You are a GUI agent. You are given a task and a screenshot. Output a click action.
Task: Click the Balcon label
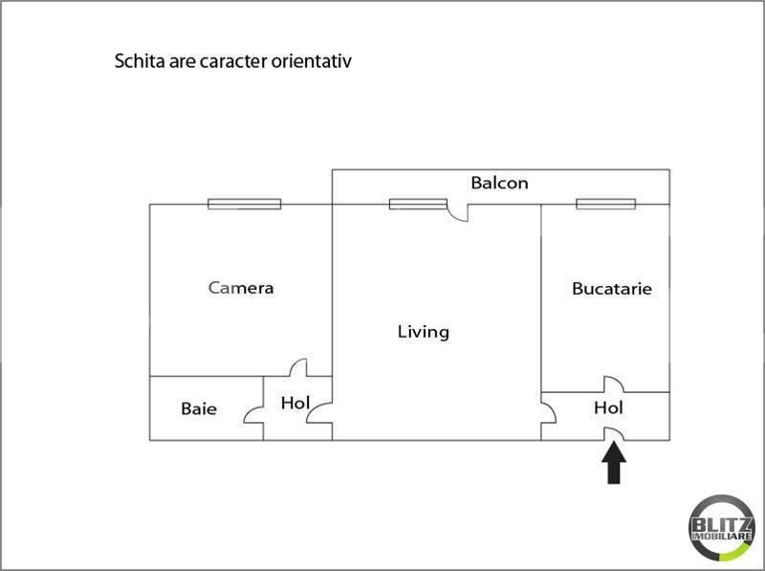499,183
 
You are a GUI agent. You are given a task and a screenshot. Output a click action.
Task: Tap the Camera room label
241,288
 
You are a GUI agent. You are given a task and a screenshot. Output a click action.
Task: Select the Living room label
423,332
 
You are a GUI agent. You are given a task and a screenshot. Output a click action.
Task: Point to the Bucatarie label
612,289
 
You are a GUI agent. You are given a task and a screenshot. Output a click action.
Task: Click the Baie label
199,408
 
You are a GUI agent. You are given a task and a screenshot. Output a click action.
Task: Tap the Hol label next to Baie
295,403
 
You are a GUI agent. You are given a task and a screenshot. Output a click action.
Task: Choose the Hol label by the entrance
608,407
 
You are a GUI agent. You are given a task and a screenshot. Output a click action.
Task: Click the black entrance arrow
614,462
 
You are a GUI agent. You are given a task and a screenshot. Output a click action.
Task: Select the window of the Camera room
245,204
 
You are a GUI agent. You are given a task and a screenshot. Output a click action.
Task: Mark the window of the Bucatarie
606,204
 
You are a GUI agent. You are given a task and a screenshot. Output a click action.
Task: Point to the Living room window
418,204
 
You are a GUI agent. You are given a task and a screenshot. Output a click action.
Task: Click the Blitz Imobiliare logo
722,529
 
